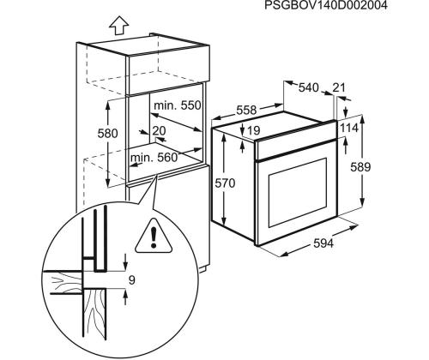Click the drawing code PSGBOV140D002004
point(326,5)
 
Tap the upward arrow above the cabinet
point(118,26)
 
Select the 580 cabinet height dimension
point(107,134)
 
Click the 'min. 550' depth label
point(178,105)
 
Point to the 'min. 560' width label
point(154,158)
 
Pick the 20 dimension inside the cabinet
point(159,131)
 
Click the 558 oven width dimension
point(246,110)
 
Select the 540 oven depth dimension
point(308,87)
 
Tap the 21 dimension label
point(339,87)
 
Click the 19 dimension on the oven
point(254,130)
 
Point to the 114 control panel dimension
point(349,128)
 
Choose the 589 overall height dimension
point(360,167)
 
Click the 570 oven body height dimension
point(225,183)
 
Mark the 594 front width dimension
point(323,243)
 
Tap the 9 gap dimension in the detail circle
point(131,280)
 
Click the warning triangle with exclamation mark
point(154,237)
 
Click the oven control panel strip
point(296,141)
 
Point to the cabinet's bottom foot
point(203,269)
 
